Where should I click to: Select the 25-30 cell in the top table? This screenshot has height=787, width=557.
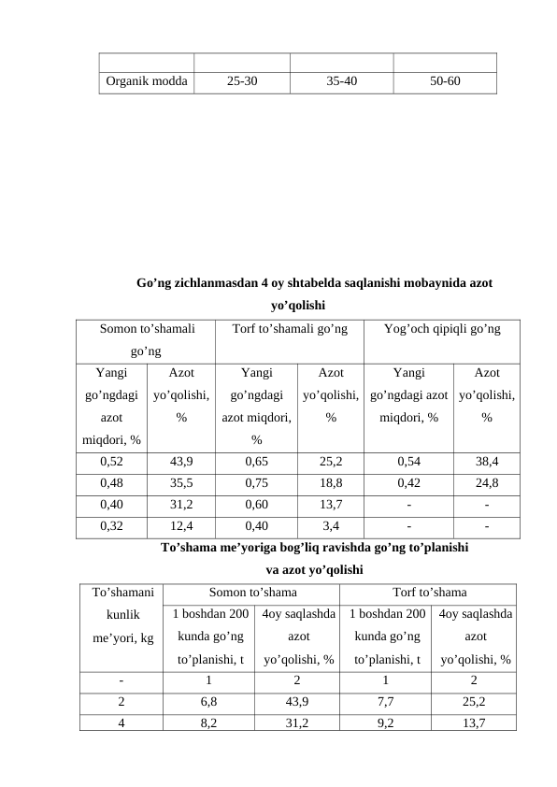pyautogui.click(x=241, y=81)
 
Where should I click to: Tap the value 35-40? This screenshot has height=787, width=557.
pyautogui.click(x=341, y=81)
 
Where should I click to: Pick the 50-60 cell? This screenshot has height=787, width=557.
pyautogui.click(x=444, y=81)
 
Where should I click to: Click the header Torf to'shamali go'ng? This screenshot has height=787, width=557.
pyautogui.click(x=290, y=329)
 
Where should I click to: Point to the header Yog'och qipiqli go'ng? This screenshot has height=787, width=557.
pyautogui.click(x=442, y=329)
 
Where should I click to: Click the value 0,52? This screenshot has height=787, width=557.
pyautogui.click(x=111, y=461)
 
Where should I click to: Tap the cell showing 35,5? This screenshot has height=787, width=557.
pyautogui.click(x=181, y=483)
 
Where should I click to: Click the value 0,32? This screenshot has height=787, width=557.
pyautogui.click(x=111, y=524)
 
